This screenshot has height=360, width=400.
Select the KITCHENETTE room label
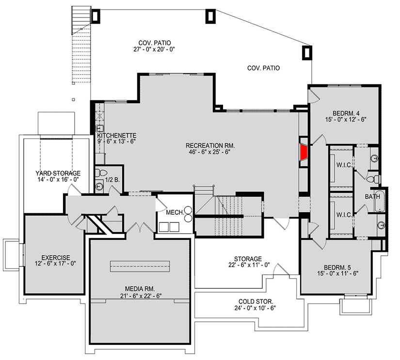tap(116, 136)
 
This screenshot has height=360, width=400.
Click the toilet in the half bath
tap(102, 173)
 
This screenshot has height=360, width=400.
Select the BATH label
tap(372, 197)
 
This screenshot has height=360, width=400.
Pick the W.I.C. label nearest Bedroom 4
tap(344, 164)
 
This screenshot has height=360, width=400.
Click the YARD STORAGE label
tap(58, 173)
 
